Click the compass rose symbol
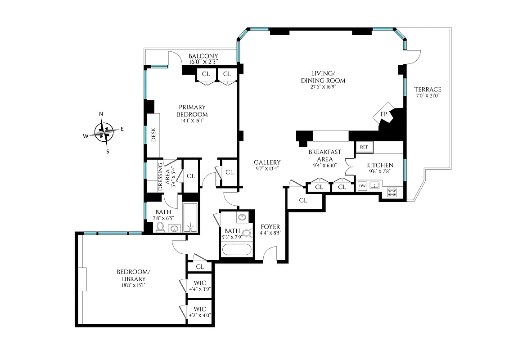tap(104, 132)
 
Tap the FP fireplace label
tap(384, 114)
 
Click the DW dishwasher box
tap(362, 186)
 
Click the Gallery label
tap(267, 162)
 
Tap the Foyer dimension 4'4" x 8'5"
tap(270, 233)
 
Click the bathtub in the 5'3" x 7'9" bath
tap(236, 249)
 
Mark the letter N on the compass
tap(101, 114)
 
